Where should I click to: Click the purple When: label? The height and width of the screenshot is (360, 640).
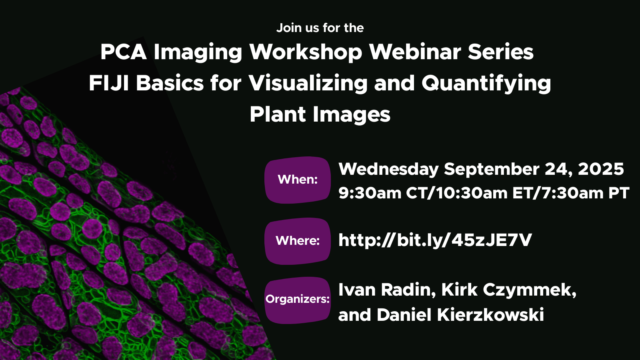(x=298, y=180)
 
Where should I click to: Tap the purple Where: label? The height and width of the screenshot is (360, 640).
(x=298, y=241)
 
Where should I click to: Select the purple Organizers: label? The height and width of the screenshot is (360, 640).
(x=298, y=300)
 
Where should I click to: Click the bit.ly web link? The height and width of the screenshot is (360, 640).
(x=435, y=240)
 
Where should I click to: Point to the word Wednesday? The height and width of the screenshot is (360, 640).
(x=388, y=169)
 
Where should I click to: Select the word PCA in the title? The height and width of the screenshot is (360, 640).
(x=124, y=52)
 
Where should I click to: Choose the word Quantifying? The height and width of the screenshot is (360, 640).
(x=486, y=84)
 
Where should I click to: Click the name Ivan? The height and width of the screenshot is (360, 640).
(x=357, y=290)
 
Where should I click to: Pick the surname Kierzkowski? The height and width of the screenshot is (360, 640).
(x=490, y=315)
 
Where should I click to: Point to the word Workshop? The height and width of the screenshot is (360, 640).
(x=306, y=52)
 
